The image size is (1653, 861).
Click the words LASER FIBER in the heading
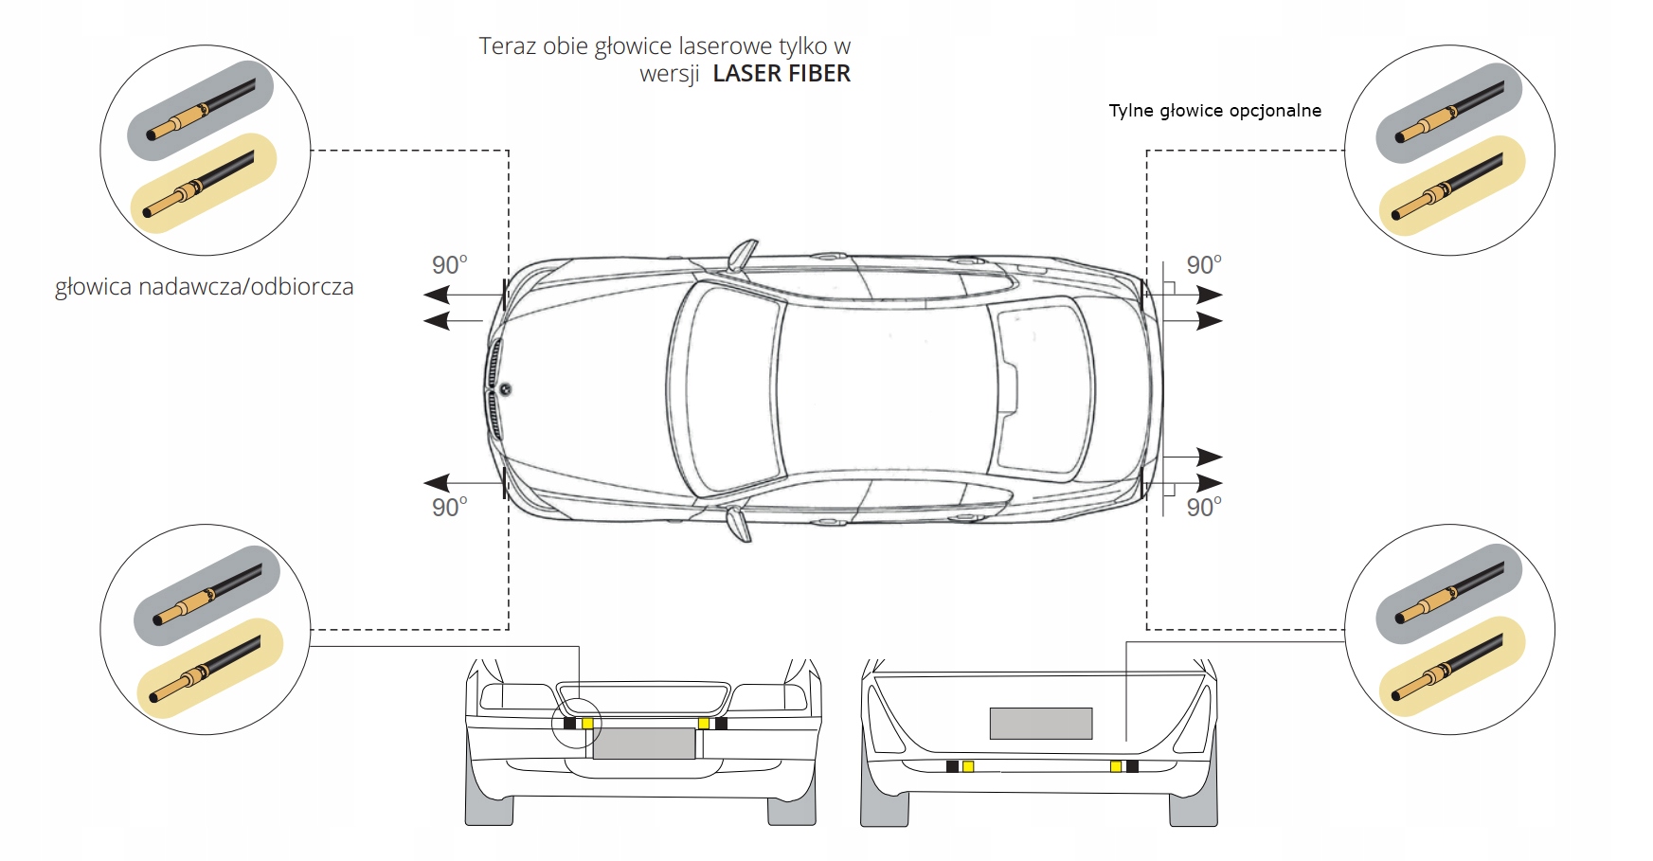click(782, 74)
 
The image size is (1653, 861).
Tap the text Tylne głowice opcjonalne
click(1214, 111)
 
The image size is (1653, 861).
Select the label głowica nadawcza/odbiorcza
click(205, 287)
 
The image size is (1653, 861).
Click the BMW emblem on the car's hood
click(505, 389)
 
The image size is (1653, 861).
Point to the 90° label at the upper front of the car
click(450, 265)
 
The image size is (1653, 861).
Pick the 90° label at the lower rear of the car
click(1204, 508)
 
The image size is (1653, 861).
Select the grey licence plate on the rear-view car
click(1041, 724)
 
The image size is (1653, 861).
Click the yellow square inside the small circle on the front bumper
click(587, 724)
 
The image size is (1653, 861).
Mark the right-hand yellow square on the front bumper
click(704, 724)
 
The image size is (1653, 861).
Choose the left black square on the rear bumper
click(952, 766)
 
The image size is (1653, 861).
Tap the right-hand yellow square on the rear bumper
click(1116, 766)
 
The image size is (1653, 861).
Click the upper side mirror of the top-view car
click(741, 256)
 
